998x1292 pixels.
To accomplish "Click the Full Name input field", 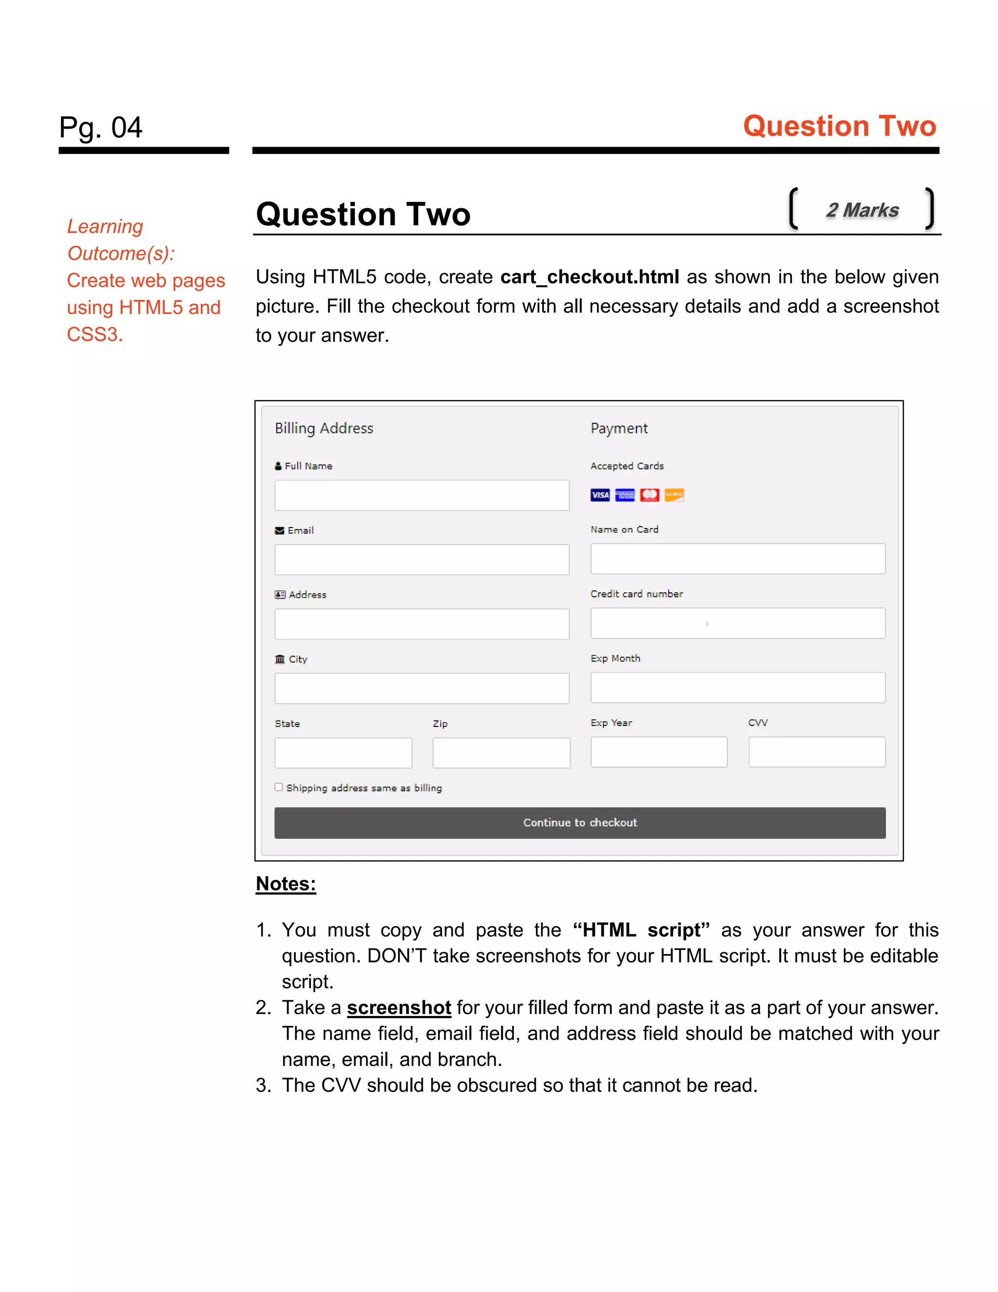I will (x=422, y=495).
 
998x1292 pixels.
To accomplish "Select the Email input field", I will (x=422, y=560).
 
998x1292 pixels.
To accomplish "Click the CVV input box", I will (x=817, y=752).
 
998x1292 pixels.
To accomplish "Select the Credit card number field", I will (x=737, y=623).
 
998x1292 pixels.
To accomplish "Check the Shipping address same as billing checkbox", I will (x=278, y=787).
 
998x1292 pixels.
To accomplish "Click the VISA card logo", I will (x=599, y=494).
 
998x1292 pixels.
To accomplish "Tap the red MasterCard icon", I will (x=649, y=494).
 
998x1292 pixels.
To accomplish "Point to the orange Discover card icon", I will (x=674, y=494).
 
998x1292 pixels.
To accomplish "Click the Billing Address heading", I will (x=324, y=428).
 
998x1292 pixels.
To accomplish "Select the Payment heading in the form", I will (x=619, y=428).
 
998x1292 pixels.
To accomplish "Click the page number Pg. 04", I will (x=101, y=128).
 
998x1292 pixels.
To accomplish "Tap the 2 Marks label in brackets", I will (x=862, y=210).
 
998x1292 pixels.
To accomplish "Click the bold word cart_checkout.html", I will (x=590, y=277).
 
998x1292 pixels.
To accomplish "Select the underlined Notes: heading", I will (x=286, y=884).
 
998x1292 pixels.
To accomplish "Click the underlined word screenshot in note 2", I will (x=399, y=1007).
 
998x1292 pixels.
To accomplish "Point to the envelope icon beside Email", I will (x=280, y=530).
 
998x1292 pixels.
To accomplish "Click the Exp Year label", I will (x=611, y=723).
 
